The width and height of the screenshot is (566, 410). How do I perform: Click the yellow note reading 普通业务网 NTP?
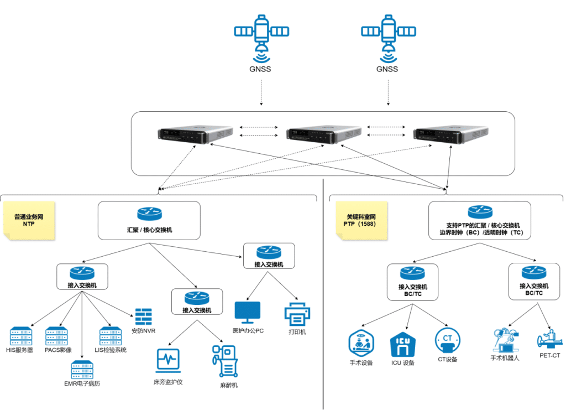(x=29, y=220)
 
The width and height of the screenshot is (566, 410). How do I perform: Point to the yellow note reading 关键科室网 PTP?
(x=361, y=220)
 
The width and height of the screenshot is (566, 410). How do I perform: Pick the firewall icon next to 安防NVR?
(x=143, y=316)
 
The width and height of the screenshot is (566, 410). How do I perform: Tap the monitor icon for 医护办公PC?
(x=247, y=313)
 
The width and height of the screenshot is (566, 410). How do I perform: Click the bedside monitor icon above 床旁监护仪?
(x=168, y=360)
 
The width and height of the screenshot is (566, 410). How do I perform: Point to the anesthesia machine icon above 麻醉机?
(x=224, y=362)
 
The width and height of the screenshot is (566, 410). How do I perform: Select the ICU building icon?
(x=403, y=344)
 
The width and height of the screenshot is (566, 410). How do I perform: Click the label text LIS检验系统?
(x=111, y=350)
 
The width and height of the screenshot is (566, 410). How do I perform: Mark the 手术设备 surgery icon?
(x=361, y=343)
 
